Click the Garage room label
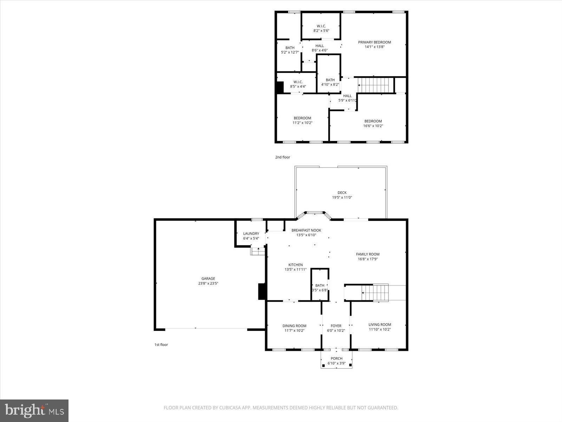tap(208, 279)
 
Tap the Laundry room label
tap(251, 234)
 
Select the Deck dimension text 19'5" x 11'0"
tap(342, 198)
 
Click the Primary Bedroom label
tap(374, 42)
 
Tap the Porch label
tap(336, 358)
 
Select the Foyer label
tap(336, 326)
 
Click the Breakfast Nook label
tap(306, 230)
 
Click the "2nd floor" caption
tap(282, 157)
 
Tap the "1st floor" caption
tap(161, 345)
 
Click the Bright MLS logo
tap(34, 410)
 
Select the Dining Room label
tap(294, 326)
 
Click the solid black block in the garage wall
tap(262, 292)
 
